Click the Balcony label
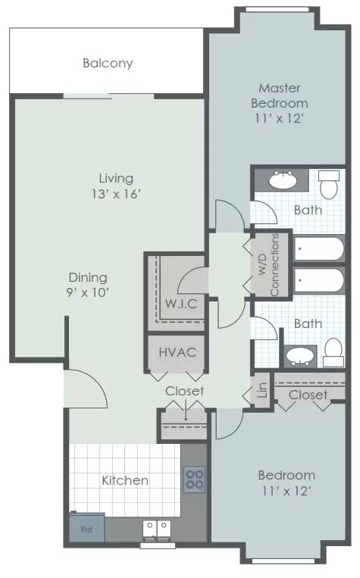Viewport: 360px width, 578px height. tap(108, 63)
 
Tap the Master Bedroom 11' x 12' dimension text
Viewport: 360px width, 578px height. tap(279, 118)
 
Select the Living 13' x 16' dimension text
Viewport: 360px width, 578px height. tap(116, 193)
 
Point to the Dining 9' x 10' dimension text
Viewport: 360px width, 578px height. tap(88, 292)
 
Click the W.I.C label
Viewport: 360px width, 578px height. tap(181, 304)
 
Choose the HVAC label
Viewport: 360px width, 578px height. tap(177, 352)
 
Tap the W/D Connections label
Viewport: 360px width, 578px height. tap(268, 264)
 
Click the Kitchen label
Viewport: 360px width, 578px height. tap(125, 480)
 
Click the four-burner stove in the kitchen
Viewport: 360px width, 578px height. tap(194, 479)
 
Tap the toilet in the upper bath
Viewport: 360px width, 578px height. tap(329, 184)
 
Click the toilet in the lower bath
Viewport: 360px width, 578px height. tap(333, 353)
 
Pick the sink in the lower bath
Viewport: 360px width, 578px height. tap(300, 356)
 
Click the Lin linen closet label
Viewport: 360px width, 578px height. tap(262, 390)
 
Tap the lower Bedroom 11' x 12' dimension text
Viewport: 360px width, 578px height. tap(286, 491)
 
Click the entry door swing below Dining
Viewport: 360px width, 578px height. tap(86, 389)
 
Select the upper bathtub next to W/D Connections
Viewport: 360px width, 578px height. tap(319, 248)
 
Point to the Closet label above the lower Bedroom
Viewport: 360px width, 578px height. tap(308, 395)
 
